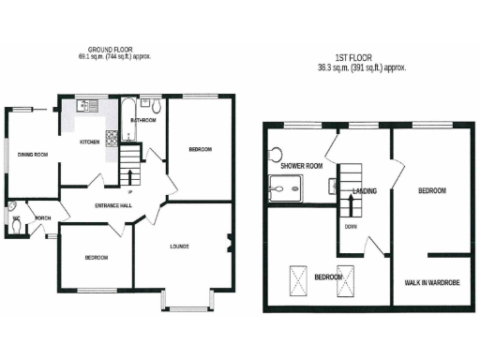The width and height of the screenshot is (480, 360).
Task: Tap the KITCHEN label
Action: [89, 142]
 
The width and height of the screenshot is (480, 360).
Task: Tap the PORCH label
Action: [42, 218]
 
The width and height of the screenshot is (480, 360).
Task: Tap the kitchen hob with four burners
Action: [111, 139]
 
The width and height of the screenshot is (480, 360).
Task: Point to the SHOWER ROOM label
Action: [301, 166]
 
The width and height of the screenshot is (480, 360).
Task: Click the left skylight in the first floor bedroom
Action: [300, 278]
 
